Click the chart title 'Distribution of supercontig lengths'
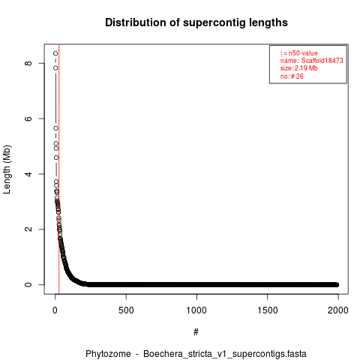196,22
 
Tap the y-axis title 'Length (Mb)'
7,169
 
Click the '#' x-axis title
196,331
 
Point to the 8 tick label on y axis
28,63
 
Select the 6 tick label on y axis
28,118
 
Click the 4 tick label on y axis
28,174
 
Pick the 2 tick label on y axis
28,229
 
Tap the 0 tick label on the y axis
28,284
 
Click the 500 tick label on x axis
126,310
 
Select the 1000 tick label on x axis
196,310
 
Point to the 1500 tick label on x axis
268,310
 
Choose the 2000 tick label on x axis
338,310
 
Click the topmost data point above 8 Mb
55,53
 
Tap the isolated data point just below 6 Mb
55,128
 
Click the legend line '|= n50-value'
299,53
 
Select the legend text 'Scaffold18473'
322,61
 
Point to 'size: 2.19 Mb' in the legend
299,68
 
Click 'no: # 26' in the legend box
292,76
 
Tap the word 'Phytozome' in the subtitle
108,354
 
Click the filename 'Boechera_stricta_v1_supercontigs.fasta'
225,354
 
